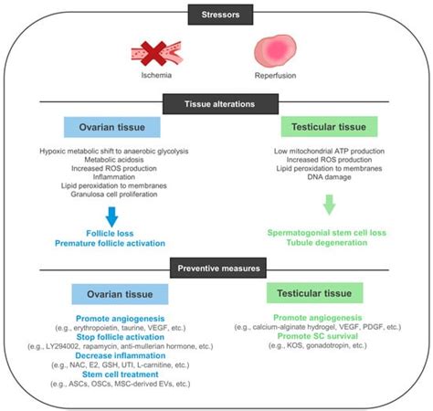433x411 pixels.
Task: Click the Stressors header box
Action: [216, 14]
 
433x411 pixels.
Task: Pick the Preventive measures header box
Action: [216, 269]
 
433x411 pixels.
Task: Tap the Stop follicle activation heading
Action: [113, 338]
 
